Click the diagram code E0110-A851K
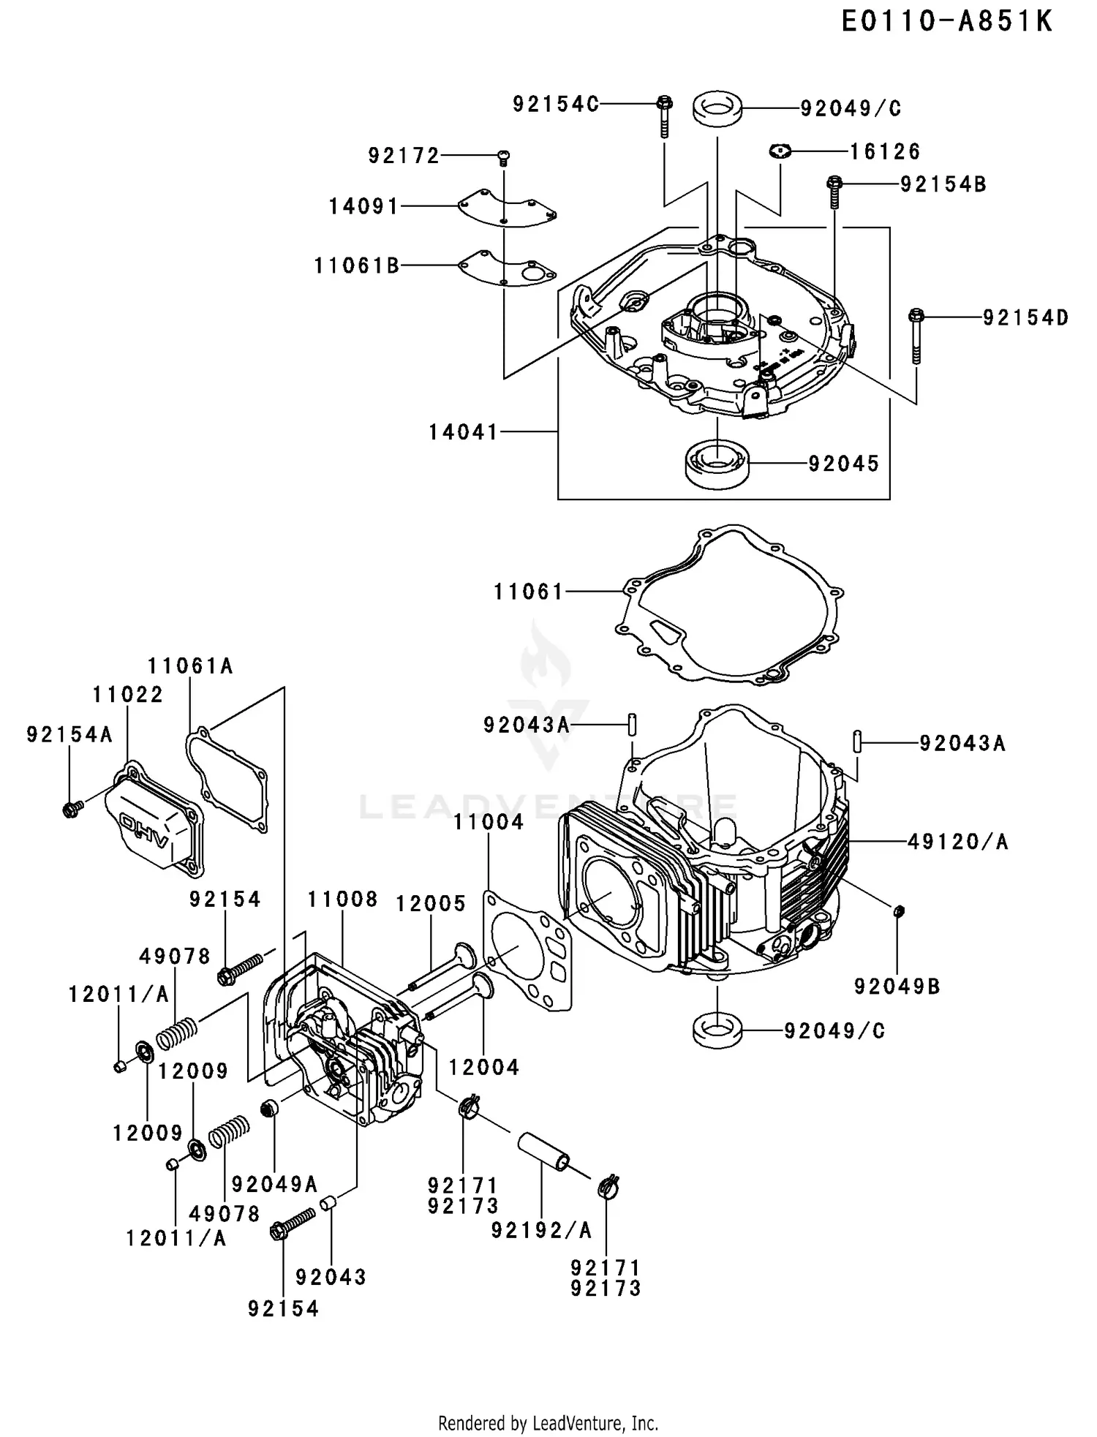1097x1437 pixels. (946, 22)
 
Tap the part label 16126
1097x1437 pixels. (884, 151)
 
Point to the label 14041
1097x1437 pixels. (462, 432)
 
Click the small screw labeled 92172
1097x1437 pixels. (503, 156)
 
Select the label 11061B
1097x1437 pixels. (357, 265)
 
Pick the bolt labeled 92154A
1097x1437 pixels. (71, 808)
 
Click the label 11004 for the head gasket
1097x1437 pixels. (488, 822)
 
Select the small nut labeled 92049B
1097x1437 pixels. (900, 910)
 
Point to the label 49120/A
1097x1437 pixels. (957, 842)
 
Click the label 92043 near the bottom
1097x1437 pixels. (331, 1277)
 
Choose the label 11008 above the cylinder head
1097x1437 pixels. (342, 899)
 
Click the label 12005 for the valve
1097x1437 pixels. (431, 904)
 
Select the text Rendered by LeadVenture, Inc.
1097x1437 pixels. (548, 1423)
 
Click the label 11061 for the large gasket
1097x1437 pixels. (528, 592)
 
